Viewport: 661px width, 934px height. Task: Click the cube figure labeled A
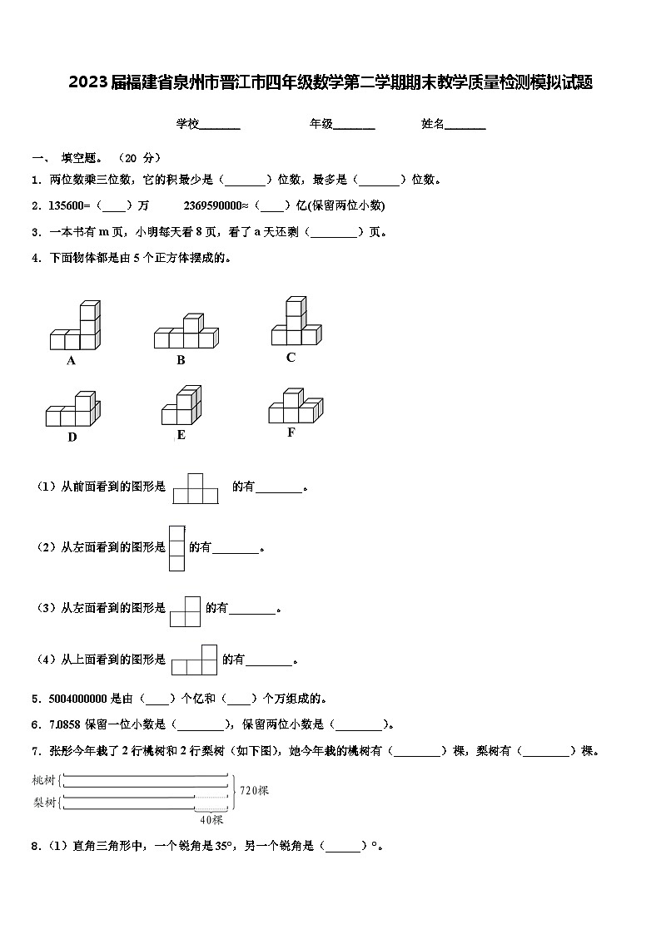pyautogui.click(x=74, y=327)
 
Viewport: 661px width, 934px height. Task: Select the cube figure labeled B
pyautogui.click(x=186, y=333)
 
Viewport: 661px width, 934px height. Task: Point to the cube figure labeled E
pyautogui.click(x=181, y=406)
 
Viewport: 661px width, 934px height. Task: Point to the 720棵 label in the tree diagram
pyautogui.click(x=254, y=790)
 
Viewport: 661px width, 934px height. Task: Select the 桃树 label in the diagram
pyautogui.click(x=44, y=780)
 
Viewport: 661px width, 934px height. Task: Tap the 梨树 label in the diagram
pyautogui.click(x=44, y=802)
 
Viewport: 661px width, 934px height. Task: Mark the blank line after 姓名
pyautogui.click(x=465, y=125)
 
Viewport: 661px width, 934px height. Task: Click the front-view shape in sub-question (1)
pyautogui.click(x=195, y=488)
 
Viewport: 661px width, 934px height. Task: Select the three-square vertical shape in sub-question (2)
pyautogui.click(x=176, y=548)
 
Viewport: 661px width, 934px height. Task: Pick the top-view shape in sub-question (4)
pyautogui.click(x=194, y=659)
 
